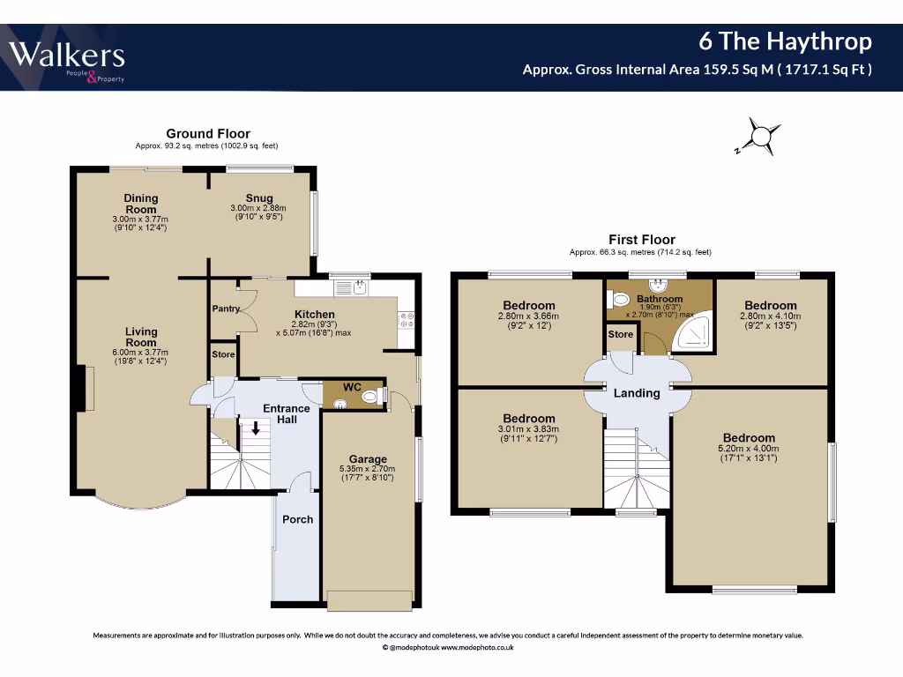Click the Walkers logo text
tap(67, 56)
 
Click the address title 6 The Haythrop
tap(785, 41)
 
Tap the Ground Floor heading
tap(208, 134)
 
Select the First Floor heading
tap(641, 240)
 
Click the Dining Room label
tap(140, 204)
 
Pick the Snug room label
tap(259, 198)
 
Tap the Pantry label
tap(226, 309)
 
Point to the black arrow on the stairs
tap(256, 429)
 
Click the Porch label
tap(297, 519)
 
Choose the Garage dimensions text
tap(368, 473)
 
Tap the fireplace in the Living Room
tap(86, 388)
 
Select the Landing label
tap(636, 393)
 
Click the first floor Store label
tap(620, 335)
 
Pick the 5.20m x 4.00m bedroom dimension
tap(749, 453)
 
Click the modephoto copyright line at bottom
tap(448, 647)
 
